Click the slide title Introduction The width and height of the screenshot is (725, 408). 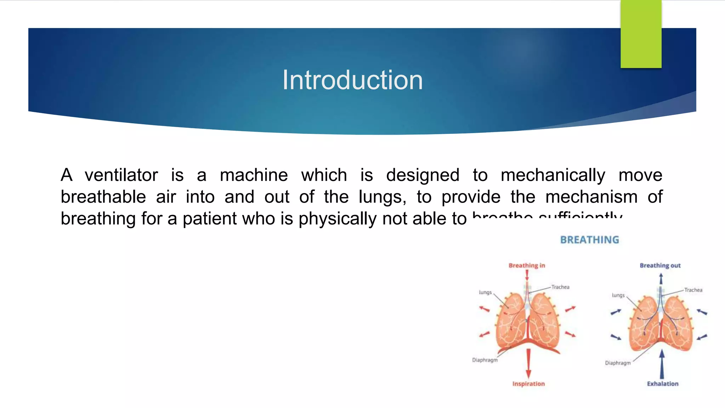tap(352, 80)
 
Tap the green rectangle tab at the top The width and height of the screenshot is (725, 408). tap(641, 34)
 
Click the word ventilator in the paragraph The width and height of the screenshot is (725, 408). tap(121, 175)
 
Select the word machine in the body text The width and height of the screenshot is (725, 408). tap(254, 175)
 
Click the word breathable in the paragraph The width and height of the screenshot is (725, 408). tap(103, 197)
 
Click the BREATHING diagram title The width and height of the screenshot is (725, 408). tap(589, 240)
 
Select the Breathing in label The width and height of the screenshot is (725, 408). tap(527, 266)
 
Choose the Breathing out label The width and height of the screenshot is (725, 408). tap(660, 266)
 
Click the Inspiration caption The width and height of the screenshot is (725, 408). tap(529, 384)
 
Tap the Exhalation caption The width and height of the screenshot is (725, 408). tap(663, 384)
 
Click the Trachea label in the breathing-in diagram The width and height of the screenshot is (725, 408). tap(560, 287)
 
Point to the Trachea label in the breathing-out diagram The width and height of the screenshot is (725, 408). tap(693, 290)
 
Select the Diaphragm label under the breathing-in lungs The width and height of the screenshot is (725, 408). tap(485, 360)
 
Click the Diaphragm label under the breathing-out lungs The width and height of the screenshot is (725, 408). tap(618, 363)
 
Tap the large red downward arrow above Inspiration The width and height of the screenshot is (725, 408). tap(529, 363)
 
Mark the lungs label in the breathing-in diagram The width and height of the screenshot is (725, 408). tap(485, 293)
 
